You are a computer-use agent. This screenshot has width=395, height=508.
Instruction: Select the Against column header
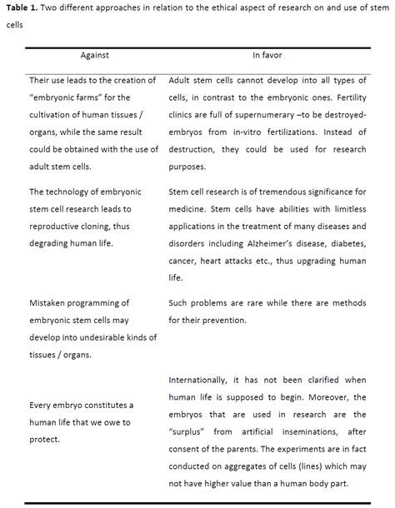(94, 56)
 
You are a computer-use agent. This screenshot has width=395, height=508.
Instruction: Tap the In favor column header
(267, 56)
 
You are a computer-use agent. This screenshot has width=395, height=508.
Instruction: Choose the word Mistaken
(52, 303)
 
